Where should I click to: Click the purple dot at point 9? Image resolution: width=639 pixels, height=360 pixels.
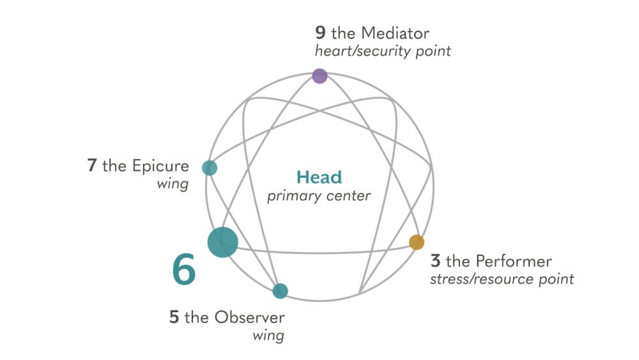pyautogui.click(x=319, y=76)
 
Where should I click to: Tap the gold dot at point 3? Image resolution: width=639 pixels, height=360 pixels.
pyautogui.click(x=417, y=242)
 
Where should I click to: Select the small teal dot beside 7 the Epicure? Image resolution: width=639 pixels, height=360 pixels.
pyautogui.click(x=210, y=168)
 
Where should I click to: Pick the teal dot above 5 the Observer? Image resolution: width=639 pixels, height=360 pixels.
pyautogui.click(x=280, y=291)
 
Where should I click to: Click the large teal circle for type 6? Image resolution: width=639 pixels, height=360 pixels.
pyautogui.click(x=223, y=242)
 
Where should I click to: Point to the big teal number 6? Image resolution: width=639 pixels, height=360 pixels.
pyautogui.click(x=184, y=270)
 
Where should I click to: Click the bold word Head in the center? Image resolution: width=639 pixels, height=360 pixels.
pyautogui.click(x=319, y=177)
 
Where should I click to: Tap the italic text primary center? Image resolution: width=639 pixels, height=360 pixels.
pyautogui.click(x=319, y=196)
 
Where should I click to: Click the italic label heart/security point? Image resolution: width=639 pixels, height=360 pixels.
pyautogui.click(x=383, y=51)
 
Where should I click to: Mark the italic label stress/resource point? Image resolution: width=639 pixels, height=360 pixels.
pyautogui.click(x=502, y=279)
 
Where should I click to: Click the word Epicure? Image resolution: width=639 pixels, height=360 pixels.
pyautogui.click(x=160, y=166)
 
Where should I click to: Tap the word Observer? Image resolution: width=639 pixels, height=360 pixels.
pyautogui.click(x=250, y=317)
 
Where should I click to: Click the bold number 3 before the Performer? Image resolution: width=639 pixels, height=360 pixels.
pyautogui.click(x=435, y=261)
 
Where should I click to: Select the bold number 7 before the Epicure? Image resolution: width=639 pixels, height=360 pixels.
pyautogui.click(x=92, y=166)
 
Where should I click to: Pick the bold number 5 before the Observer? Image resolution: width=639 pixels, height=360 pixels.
pyautogui.click(x=174, y=317)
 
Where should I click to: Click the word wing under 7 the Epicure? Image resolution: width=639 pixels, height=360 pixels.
pyautogui.click(x=173, y=185)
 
